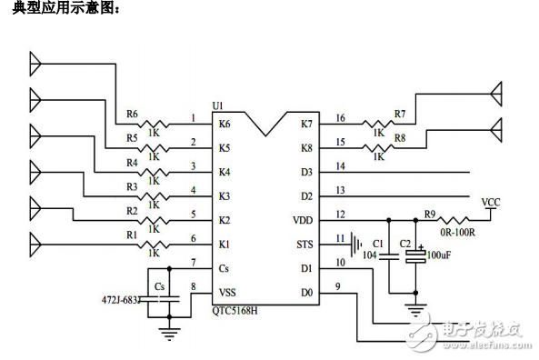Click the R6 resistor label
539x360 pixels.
132,115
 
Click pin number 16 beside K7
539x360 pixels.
340,117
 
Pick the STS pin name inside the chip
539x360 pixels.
304,245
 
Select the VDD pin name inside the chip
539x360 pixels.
303,220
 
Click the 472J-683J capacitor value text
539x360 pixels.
119,298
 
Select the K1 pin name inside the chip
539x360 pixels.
225,245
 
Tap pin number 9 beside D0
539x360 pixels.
340,288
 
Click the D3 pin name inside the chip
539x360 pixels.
306,172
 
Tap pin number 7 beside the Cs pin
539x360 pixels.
193,263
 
